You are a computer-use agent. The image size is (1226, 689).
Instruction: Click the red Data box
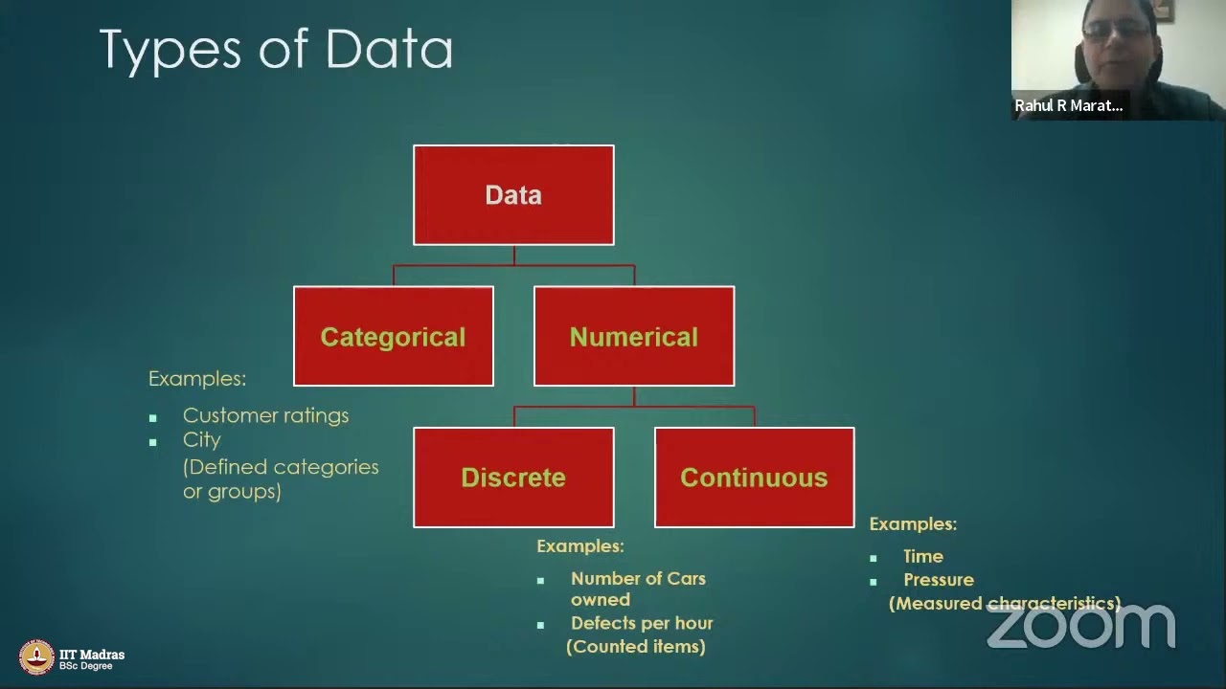pos(513,195)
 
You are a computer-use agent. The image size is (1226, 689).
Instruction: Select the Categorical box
pos(393,337)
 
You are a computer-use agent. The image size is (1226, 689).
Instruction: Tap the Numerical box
pos(633,337)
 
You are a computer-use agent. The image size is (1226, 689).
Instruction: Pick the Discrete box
pos(513,478)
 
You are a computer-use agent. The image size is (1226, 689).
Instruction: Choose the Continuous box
pos(754,478)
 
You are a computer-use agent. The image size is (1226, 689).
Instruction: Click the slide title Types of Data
pos(276,50)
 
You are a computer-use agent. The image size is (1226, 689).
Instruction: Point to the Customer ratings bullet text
pos(265,415)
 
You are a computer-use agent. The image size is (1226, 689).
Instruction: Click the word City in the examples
pos(201,440)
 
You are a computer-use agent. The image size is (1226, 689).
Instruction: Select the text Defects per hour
pos(642,623)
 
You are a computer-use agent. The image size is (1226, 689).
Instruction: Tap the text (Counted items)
pos(636,647)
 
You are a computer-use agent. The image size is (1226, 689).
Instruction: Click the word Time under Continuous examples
pos(923,556)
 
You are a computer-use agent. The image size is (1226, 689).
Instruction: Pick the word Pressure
pos(939,580)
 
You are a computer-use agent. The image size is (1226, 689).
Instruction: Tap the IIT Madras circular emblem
pos(36,657)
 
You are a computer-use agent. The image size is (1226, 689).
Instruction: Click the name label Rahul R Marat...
pos(1068,105)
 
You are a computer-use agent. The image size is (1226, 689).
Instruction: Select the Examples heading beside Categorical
pos(197,379)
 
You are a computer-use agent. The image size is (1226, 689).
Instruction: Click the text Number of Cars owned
pos(638,589)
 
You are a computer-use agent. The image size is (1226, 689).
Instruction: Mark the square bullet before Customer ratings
pos(153,418)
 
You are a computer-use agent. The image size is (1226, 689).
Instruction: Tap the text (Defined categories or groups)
pos(281,478)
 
